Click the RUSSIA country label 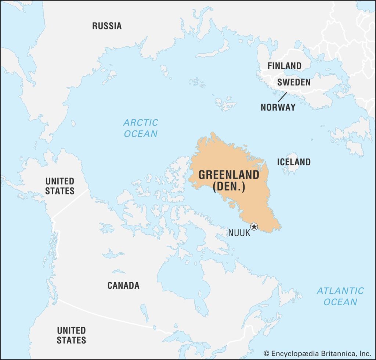(106, 26)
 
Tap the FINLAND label (284, 66)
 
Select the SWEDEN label (294, 82)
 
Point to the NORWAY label (278, 107)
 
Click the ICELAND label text (294, 162)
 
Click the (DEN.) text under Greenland (229, 187)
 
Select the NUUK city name (239, 233)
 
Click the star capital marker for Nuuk (254, 226)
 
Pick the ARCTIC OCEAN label (141, 128)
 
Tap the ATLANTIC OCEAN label (340, 296)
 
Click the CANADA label (123, 285)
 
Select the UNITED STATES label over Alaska (60, 186)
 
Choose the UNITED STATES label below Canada (71, 335)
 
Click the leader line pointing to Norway (282, 97)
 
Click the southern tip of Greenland (280, 228)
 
